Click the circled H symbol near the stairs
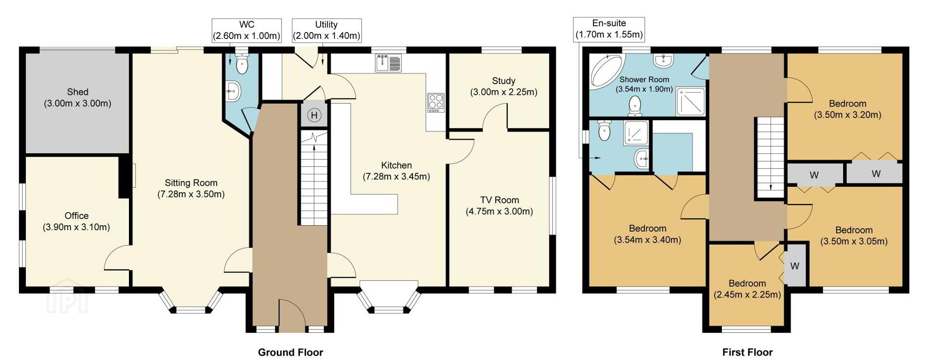pyautogui.click(x=314, y=115)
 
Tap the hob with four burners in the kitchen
pyautogui.click(x=435, y=103)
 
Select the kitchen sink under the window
pyautogui.click(x=388, y=63)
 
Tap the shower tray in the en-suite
pyautogui.click(x=636, y=132)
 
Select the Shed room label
pyautogui.click(x=78, y=92)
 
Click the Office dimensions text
pyautogui.click(x=76, y=227)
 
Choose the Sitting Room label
pyautogui.click(x=191, y=183)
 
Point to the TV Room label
pyautogui.click(x=500, y=200)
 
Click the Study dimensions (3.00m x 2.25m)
pyautogui.click(x=503, y=92)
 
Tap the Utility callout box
pyautogui.click(x=326, y=30)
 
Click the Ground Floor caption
pyautogui.click(x=290, y=352)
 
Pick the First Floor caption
pyautogui.click(x=747, y=352)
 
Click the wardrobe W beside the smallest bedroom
pyautogui.click(x=794, y=266)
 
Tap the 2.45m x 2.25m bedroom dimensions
pyautogui.click(x=747, y=295)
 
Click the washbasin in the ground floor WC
pyautogui.click(x=233, y=90)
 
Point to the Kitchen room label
pyautogui.click(x=396, y=165)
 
